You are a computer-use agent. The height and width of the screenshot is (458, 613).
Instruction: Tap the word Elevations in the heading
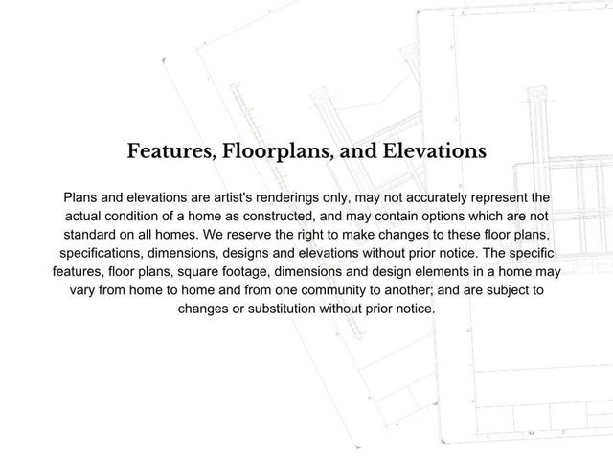pyautogui.click(x=430, y=151)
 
